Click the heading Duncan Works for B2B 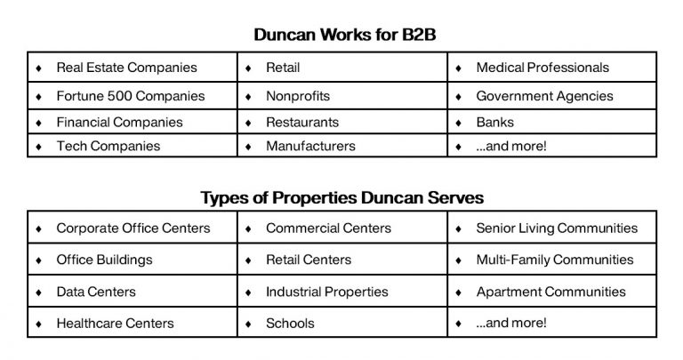tap(344, 35)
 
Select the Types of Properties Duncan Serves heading tap(341, 197)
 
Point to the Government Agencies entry tap(544, 96)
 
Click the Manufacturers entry tap(310, 146)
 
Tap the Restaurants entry tap(302, 122)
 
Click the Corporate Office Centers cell tap(133, 228)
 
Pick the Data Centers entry tap(96, 292)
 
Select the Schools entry tap(290, 323)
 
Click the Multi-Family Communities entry tap(555, 260)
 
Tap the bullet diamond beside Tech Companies tap(39, 147)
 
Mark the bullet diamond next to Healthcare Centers tap(39, 324)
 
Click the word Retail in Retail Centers tap(283, 260)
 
